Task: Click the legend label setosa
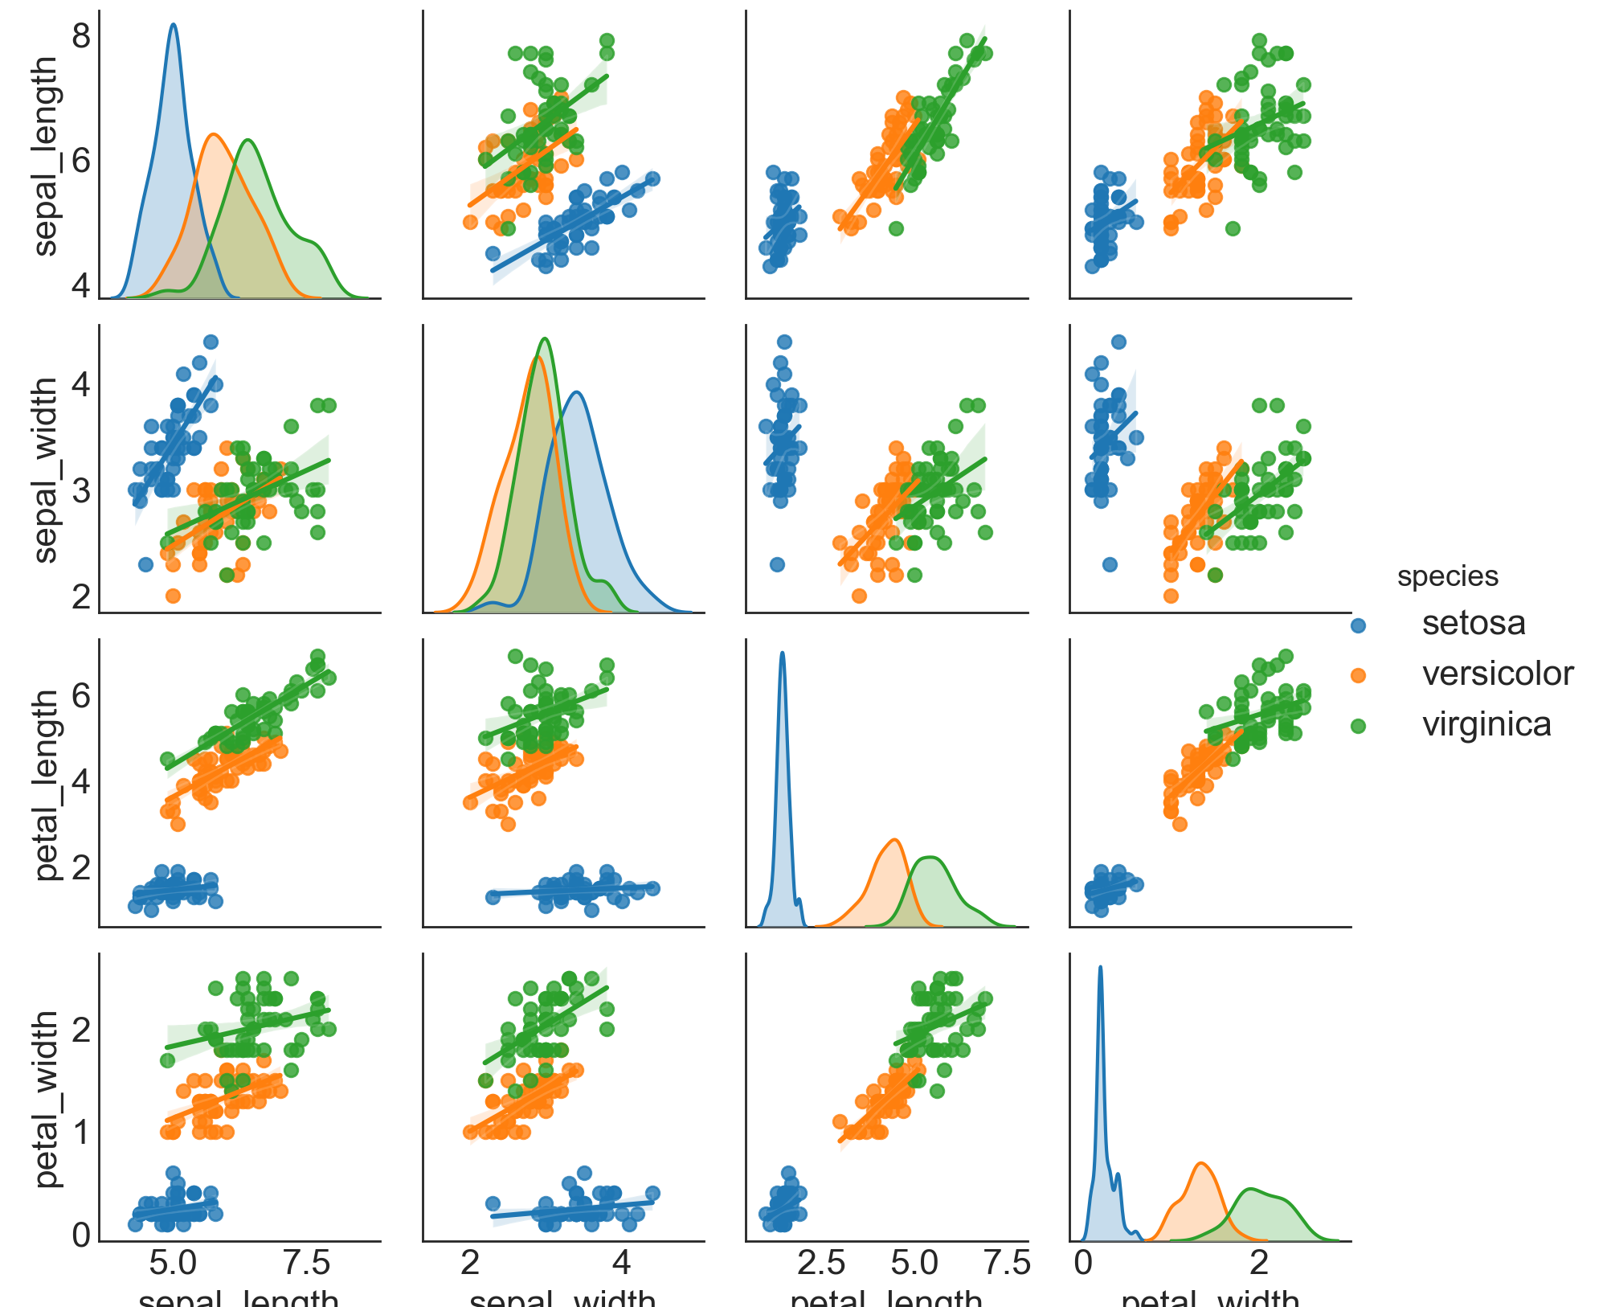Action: pos(1474,624)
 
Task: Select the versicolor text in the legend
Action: pos(1497,674)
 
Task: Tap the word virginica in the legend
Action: pos(1486,724)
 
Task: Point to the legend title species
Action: pos(1447,576)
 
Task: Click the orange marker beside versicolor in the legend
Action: pos(1358,675)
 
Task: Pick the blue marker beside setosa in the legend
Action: pos(1358,625)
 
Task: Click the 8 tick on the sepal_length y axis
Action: pos(81,36)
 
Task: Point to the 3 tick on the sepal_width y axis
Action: pos(81,490)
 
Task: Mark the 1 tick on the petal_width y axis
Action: pos(81,1133)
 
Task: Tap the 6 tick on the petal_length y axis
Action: pos(81,694)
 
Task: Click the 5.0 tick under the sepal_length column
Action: pos(173,1263)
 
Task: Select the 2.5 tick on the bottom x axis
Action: pos(821,1263)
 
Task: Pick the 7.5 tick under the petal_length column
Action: pos(1006,1263)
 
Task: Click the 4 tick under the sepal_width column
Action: pos(621,1263)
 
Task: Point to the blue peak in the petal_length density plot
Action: pos(782,653)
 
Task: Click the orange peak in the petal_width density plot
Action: pos(1200,1163)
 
